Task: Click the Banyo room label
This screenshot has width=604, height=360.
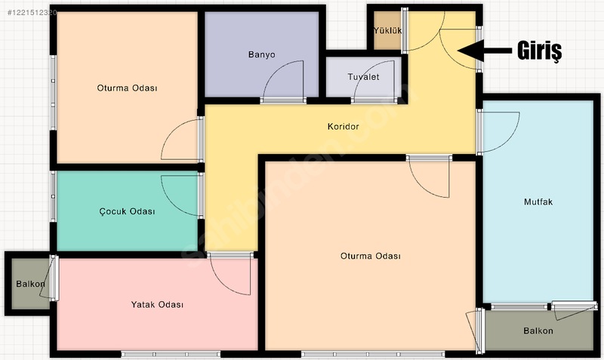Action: click(261, 54)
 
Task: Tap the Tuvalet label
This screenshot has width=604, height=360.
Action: click(363, 77)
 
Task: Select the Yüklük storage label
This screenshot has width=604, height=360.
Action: click(387, 30)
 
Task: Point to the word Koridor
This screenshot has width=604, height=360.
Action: click(344, 126)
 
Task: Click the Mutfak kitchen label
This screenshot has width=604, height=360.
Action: click(538, 202)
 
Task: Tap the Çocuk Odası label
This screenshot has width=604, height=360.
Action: click(127, 211)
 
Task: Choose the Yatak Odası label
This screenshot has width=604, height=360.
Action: click(157, 305)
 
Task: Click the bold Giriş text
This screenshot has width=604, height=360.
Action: click(539, 51)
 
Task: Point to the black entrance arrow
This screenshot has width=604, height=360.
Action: click(485, 51)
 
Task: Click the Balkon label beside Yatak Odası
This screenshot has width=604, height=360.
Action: click(30, 284)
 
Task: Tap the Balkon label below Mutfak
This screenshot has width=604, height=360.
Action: click(538, 331)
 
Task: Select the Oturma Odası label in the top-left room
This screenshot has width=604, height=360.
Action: click(127, 88)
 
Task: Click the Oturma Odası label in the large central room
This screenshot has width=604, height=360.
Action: click(371, 256)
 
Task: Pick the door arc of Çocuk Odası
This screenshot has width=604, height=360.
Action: click(173, 203)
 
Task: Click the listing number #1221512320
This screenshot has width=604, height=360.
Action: click(32, 13)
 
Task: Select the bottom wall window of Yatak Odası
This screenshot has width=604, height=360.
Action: click(171, 354)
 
